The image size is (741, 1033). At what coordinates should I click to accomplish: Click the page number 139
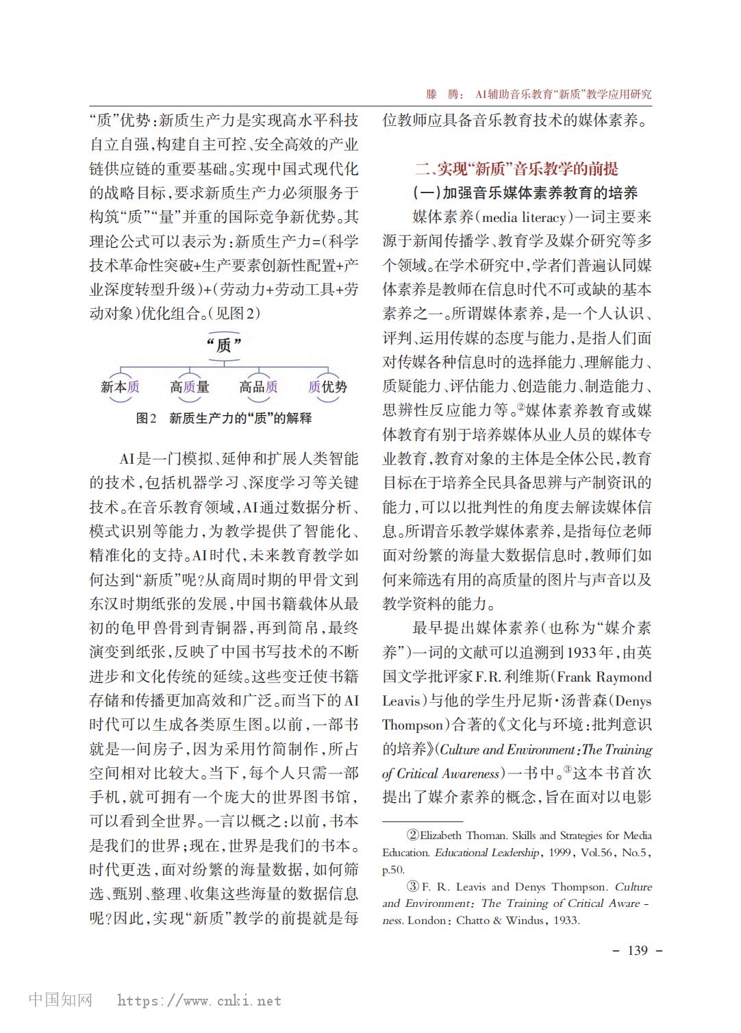(636, 950)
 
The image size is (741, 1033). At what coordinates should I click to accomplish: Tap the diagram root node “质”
(224, 345)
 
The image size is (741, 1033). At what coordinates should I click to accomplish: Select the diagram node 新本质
(121, 387)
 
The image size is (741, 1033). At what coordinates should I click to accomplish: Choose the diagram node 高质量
(190, 387)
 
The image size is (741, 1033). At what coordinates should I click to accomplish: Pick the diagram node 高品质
(258, 387)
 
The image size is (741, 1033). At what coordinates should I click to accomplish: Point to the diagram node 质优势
(327, 387)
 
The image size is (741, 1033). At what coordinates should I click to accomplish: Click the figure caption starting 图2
(223, 418)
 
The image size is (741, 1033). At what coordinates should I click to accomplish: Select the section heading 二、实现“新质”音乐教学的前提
(516, 169)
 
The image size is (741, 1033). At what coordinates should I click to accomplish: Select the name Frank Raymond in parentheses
(604, 677)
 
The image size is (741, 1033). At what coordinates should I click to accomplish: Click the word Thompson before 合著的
(413, 725)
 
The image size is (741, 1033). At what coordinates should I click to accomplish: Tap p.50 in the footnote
(393, 870)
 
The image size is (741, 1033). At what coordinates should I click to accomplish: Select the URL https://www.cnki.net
(199, 1001)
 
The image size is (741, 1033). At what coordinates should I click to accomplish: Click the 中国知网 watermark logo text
(60, 1000)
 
